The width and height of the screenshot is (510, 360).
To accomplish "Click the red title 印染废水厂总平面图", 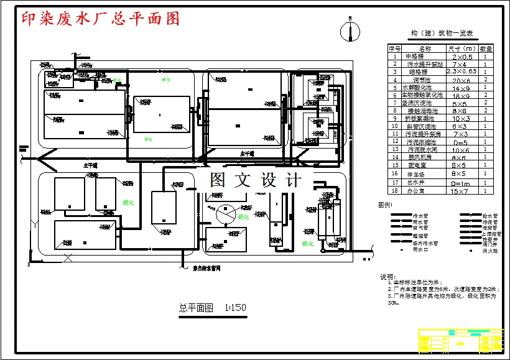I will pos(100,19).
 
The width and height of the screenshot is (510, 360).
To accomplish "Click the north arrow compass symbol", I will pos(350,31).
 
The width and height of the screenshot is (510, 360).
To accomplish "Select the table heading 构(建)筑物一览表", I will pos(442,33).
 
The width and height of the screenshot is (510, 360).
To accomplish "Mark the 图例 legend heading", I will pos(386,205).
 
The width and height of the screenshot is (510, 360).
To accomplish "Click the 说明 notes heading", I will pos(387,276).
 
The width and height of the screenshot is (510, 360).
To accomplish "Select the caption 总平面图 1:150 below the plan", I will pos(212,308).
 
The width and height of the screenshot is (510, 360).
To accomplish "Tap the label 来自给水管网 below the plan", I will pos(203,268).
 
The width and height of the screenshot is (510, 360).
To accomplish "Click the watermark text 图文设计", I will pos(255,180).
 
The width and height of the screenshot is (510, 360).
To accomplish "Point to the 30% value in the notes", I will pos(392,303).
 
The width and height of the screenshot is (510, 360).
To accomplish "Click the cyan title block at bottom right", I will pos(461,341).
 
